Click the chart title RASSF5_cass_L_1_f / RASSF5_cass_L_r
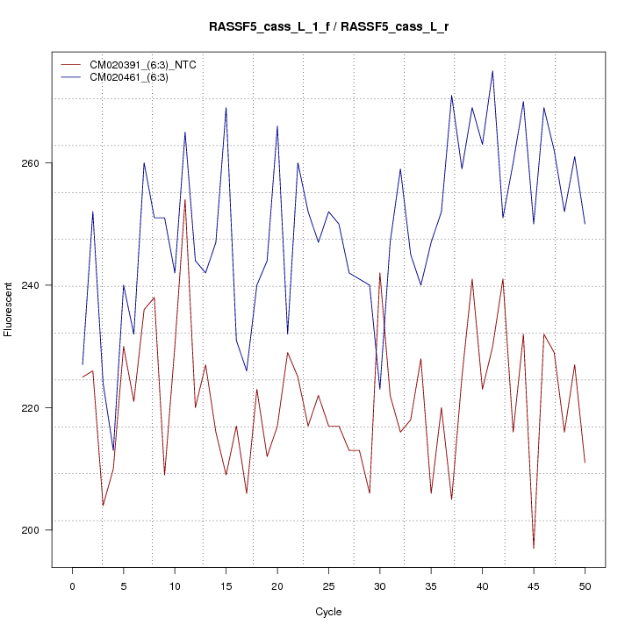click(x=328, y=27)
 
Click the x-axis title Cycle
click(x=328, y=612)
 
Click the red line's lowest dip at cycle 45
click(x=534, y=549)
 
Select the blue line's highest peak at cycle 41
click(x=492, y=71)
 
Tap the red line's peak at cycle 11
click(x=185, y=199)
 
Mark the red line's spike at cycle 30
click(x=380, y=273)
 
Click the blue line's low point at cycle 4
click(x=113, y=450)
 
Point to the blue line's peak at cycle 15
click(x=226, y=108)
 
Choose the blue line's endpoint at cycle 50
click(x=585, y=224)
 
